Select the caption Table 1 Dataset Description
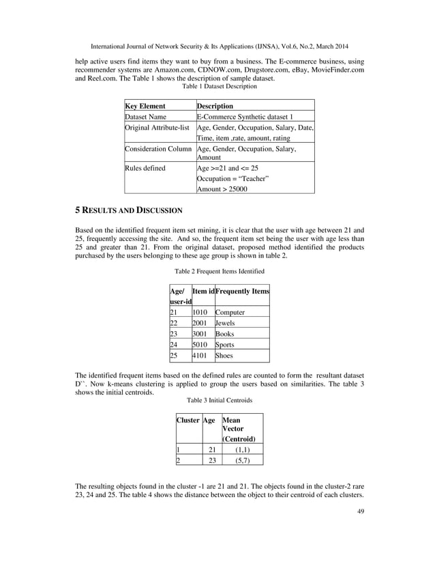[218, 87]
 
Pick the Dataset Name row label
[145, 117]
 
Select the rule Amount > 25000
[222, 189]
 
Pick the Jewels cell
[225, 323]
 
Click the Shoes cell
[224, 356]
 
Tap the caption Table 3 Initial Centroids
[218, 400]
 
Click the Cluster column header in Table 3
[187, 420]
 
